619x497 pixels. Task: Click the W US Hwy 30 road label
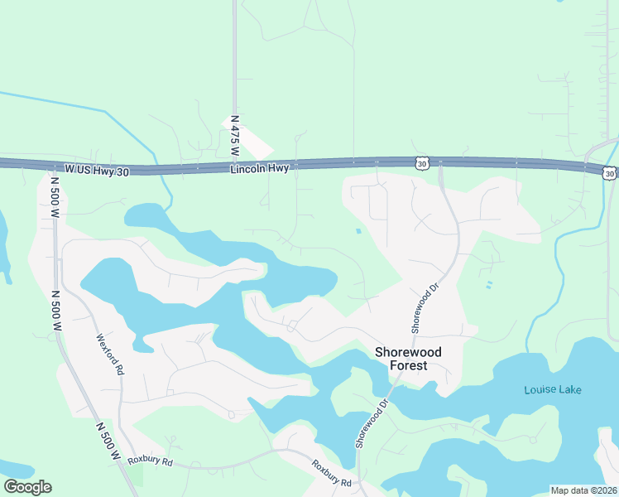click(x=98, y=169)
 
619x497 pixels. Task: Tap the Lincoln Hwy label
click(x=260, y=168)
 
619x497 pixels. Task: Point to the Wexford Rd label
click(x=109, y=355)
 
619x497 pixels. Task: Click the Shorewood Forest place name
click(x=408, y=359)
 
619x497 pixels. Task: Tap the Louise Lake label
click(x=553, y=389)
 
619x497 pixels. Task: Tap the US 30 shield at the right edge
click(x=609, y=173)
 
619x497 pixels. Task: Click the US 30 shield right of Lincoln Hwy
click(x=422, y=164)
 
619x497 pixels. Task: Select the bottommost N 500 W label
click(x=109, y=442)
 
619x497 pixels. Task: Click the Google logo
click(x=27, y=487)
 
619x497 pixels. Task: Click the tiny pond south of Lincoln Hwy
click(x=357, y=231)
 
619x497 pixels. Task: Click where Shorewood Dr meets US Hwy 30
click(x=439, y=164)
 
